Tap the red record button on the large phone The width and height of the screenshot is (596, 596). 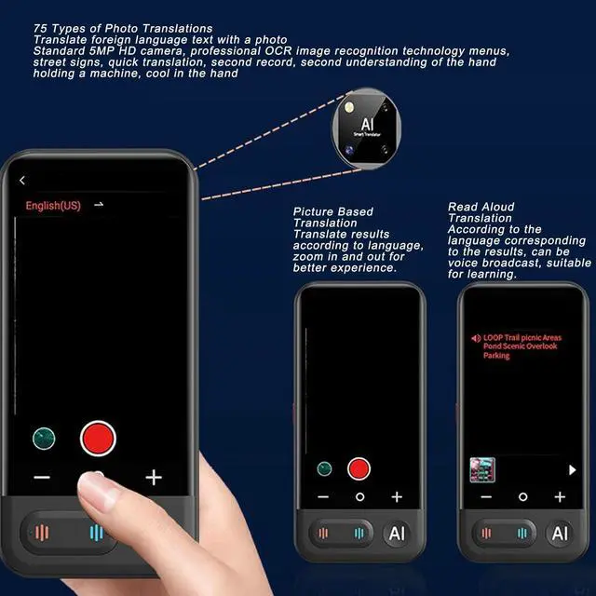coord(98,438)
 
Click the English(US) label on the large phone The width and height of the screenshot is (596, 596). coord(52,206)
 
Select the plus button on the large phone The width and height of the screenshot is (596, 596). coord(154,478)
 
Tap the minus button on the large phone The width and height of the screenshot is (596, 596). coord(42,478)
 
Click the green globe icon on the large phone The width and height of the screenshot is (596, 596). coord(44,438)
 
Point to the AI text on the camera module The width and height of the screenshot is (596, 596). coord(367,123)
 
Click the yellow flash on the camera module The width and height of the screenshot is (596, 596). coord(349,109)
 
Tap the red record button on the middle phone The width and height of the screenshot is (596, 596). coord(359,468)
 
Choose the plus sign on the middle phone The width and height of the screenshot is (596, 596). coord(397,497)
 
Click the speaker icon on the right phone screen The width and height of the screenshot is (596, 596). coord(476,338)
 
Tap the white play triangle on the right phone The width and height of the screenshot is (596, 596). coord(573,469)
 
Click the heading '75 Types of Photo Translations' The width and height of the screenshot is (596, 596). coord(123,29)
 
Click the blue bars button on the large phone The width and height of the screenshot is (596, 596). coord(96,534)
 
